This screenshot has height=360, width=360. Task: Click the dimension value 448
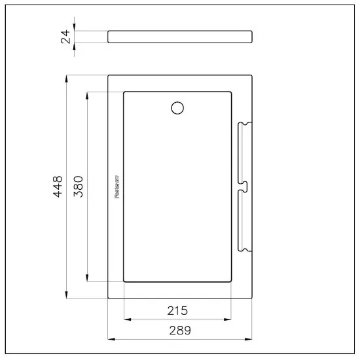click(58, 187)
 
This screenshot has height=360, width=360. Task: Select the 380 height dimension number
click(77, 187)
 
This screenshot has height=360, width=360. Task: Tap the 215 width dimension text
click(177, 310)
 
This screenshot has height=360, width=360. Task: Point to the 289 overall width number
click(179, 331)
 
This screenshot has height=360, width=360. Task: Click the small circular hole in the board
click(177, 108)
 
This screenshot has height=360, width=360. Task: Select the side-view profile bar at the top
click(179, 37)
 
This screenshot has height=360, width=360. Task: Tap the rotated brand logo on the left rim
click(115, 187)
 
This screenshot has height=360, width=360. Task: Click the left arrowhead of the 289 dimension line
click(111, 340)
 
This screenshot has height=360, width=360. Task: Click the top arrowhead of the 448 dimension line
click(67, 78)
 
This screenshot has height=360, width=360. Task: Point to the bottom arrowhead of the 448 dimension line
click(67, 296)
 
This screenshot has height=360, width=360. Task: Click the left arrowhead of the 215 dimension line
click(126, 319)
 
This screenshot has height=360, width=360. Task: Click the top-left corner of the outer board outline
click(109, 75)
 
